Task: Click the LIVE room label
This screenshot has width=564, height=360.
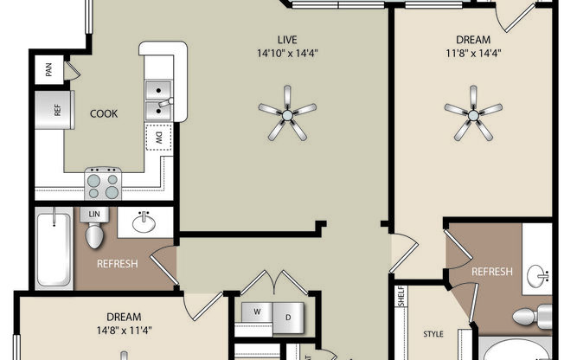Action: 287,39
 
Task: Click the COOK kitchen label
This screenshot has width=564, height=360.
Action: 104,113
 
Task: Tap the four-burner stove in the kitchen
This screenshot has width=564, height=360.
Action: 103,183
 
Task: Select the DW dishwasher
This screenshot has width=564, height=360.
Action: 159,136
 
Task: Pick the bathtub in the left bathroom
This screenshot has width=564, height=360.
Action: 54,250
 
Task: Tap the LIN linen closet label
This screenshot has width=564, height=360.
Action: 93,213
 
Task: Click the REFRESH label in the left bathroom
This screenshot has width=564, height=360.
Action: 116,264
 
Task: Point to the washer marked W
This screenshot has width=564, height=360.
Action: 256,312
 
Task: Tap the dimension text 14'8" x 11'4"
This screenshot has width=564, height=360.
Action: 124,329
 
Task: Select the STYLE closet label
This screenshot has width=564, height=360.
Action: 433,332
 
